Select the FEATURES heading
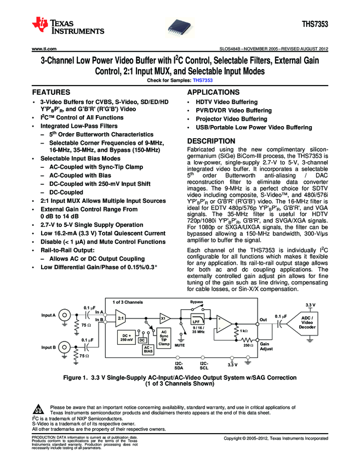pyautogui.click(x=53, y=92)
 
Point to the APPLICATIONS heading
pyautogui.click(x=214, y=92)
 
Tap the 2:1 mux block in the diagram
pyautogui.click(x=122, y=317)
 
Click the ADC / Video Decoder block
pyautogui.click(x=307, y=322)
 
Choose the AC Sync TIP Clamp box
pyautogui.click(x=164, y=336)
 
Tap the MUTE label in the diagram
pyautogui.click(x=179, y=346)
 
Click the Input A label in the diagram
pyautogui.click(x=49, y=315)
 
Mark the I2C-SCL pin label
pyautogui.click(x=203, y=366)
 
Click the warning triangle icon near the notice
pyautogui.click(x=38, y=410)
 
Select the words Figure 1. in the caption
pyautogui.click(x=78, y=378)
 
